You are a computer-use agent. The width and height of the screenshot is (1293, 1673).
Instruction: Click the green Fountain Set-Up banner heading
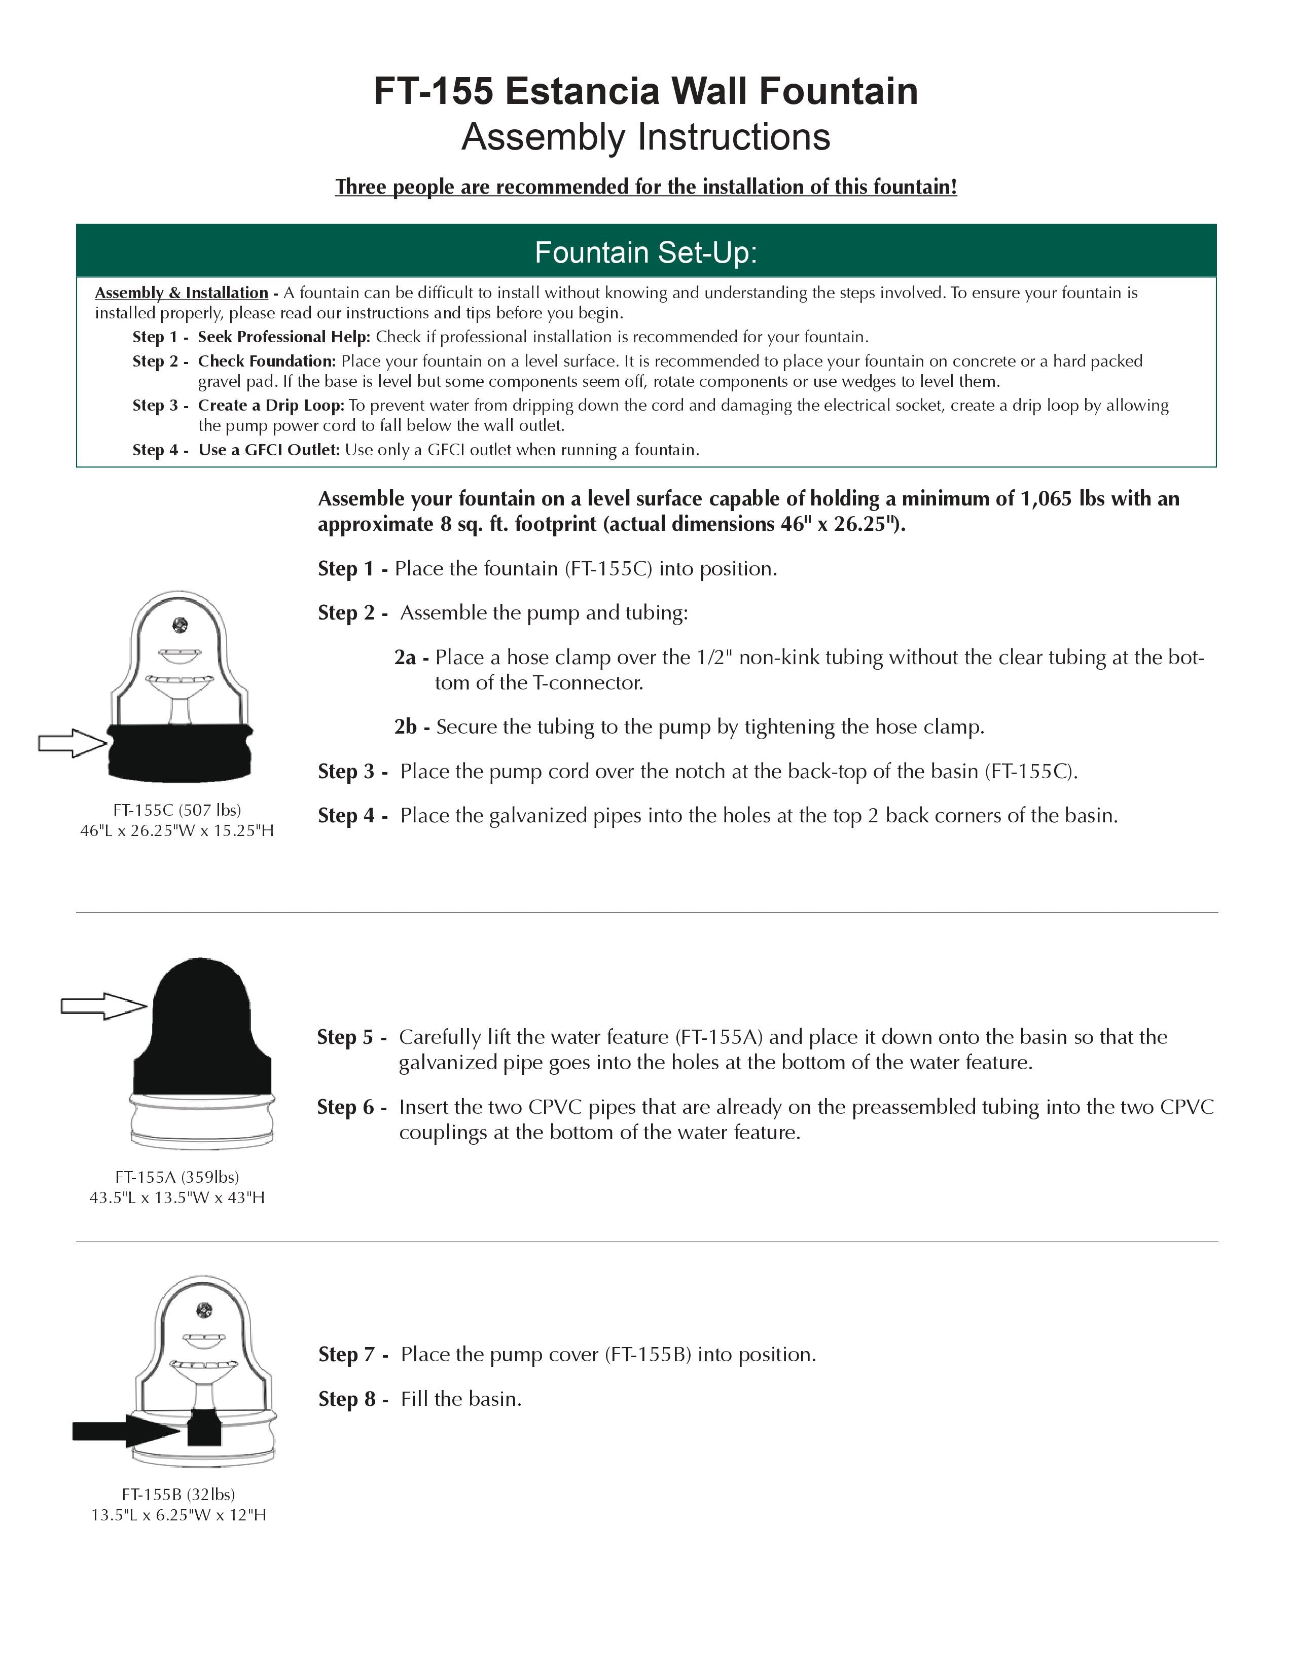point(645,252)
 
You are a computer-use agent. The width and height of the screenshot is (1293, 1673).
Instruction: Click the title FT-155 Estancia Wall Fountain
point(645,91)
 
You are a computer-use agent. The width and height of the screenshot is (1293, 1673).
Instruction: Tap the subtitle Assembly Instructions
point(645,137)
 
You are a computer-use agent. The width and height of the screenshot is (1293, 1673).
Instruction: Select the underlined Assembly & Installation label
point(182,293)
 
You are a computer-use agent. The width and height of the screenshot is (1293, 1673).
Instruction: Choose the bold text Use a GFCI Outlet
point(269,450)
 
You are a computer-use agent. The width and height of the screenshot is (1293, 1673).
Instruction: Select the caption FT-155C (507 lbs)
point(177,810)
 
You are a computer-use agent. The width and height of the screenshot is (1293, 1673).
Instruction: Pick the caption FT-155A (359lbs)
point(177,1177)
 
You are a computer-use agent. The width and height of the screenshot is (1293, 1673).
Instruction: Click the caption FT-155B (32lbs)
point(178,1494)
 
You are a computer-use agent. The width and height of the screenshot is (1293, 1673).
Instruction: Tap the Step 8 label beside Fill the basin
point(353,1399)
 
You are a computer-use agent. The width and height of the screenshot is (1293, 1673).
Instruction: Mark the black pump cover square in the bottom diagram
point(204,1427)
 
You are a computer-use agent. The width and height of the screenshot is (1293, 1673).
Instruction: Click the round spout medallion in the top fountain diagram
point(180,625)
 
